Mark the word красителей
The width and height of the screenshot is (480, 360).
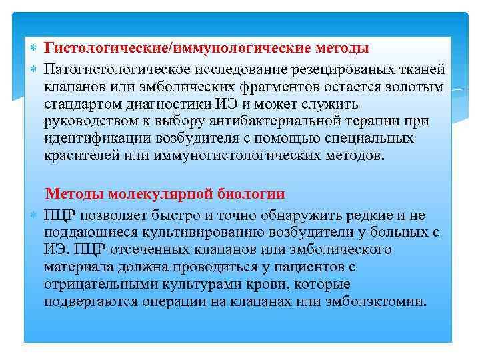78,155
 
